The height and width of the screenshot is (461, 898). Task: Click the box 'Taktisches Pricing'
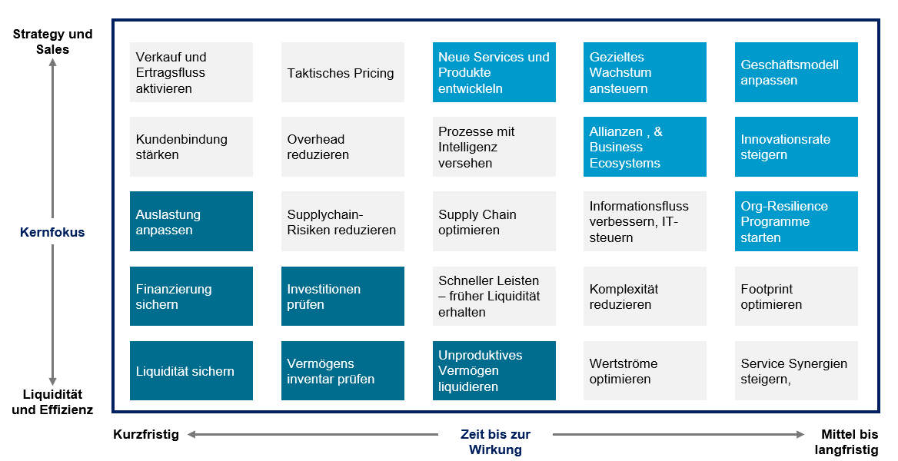[x=342, y=72]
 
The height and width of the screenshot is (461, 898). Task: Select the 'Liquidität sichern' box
[x=191, y=370]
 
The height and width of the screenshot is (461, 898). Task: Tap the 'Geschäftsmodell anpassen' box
[x=796, y=72]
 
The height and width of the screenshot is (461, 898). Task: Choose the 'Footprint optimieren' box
[x=796, y=296]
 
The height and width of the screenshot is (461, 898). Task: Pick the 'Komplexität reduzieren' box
[x=645, y=296]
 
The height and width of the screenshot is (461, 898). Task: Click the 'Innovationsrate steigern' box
[x=796, y=147]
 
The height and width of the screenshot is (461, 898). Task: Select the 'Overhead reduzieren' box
[x=342, y=147]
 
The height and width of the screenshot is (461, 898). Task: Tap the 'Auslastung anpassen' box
[x=191, y=221]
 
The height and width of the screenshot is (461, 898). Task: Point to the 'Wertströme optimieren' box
[x=645, y=370]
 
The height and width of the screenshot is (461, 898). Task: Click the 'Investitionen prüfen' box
[x=342, y=296]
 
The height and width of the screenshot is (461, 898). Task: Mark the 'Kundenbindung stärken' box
[x=191, y=147]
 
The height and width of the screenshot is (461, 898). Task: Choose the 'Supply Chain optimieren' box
[x=494, y=221]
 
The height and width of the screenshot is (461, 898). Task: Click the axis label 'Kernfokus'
[x=52, y=232]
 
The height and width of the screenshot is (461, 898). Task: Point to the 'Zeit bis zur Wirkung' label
[x=495, y=442]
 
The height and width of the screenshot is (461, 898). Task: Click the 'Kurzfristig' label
[x=146, y=434]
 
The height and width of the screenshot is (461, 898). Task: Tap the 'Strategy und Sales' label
[x=53, y=41]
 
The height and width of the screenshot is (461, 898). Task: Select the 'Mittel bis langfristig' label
[x=846, y=442]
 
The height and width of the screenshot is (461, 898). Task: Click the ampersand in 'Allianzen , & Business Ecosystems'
[x=658, y=131]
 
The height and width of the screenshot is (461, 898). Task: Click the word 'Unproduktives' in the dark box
[x=481, y=355]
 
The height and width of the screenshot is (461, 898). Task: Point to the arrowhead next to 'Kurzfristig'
[x=192, y=435]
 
